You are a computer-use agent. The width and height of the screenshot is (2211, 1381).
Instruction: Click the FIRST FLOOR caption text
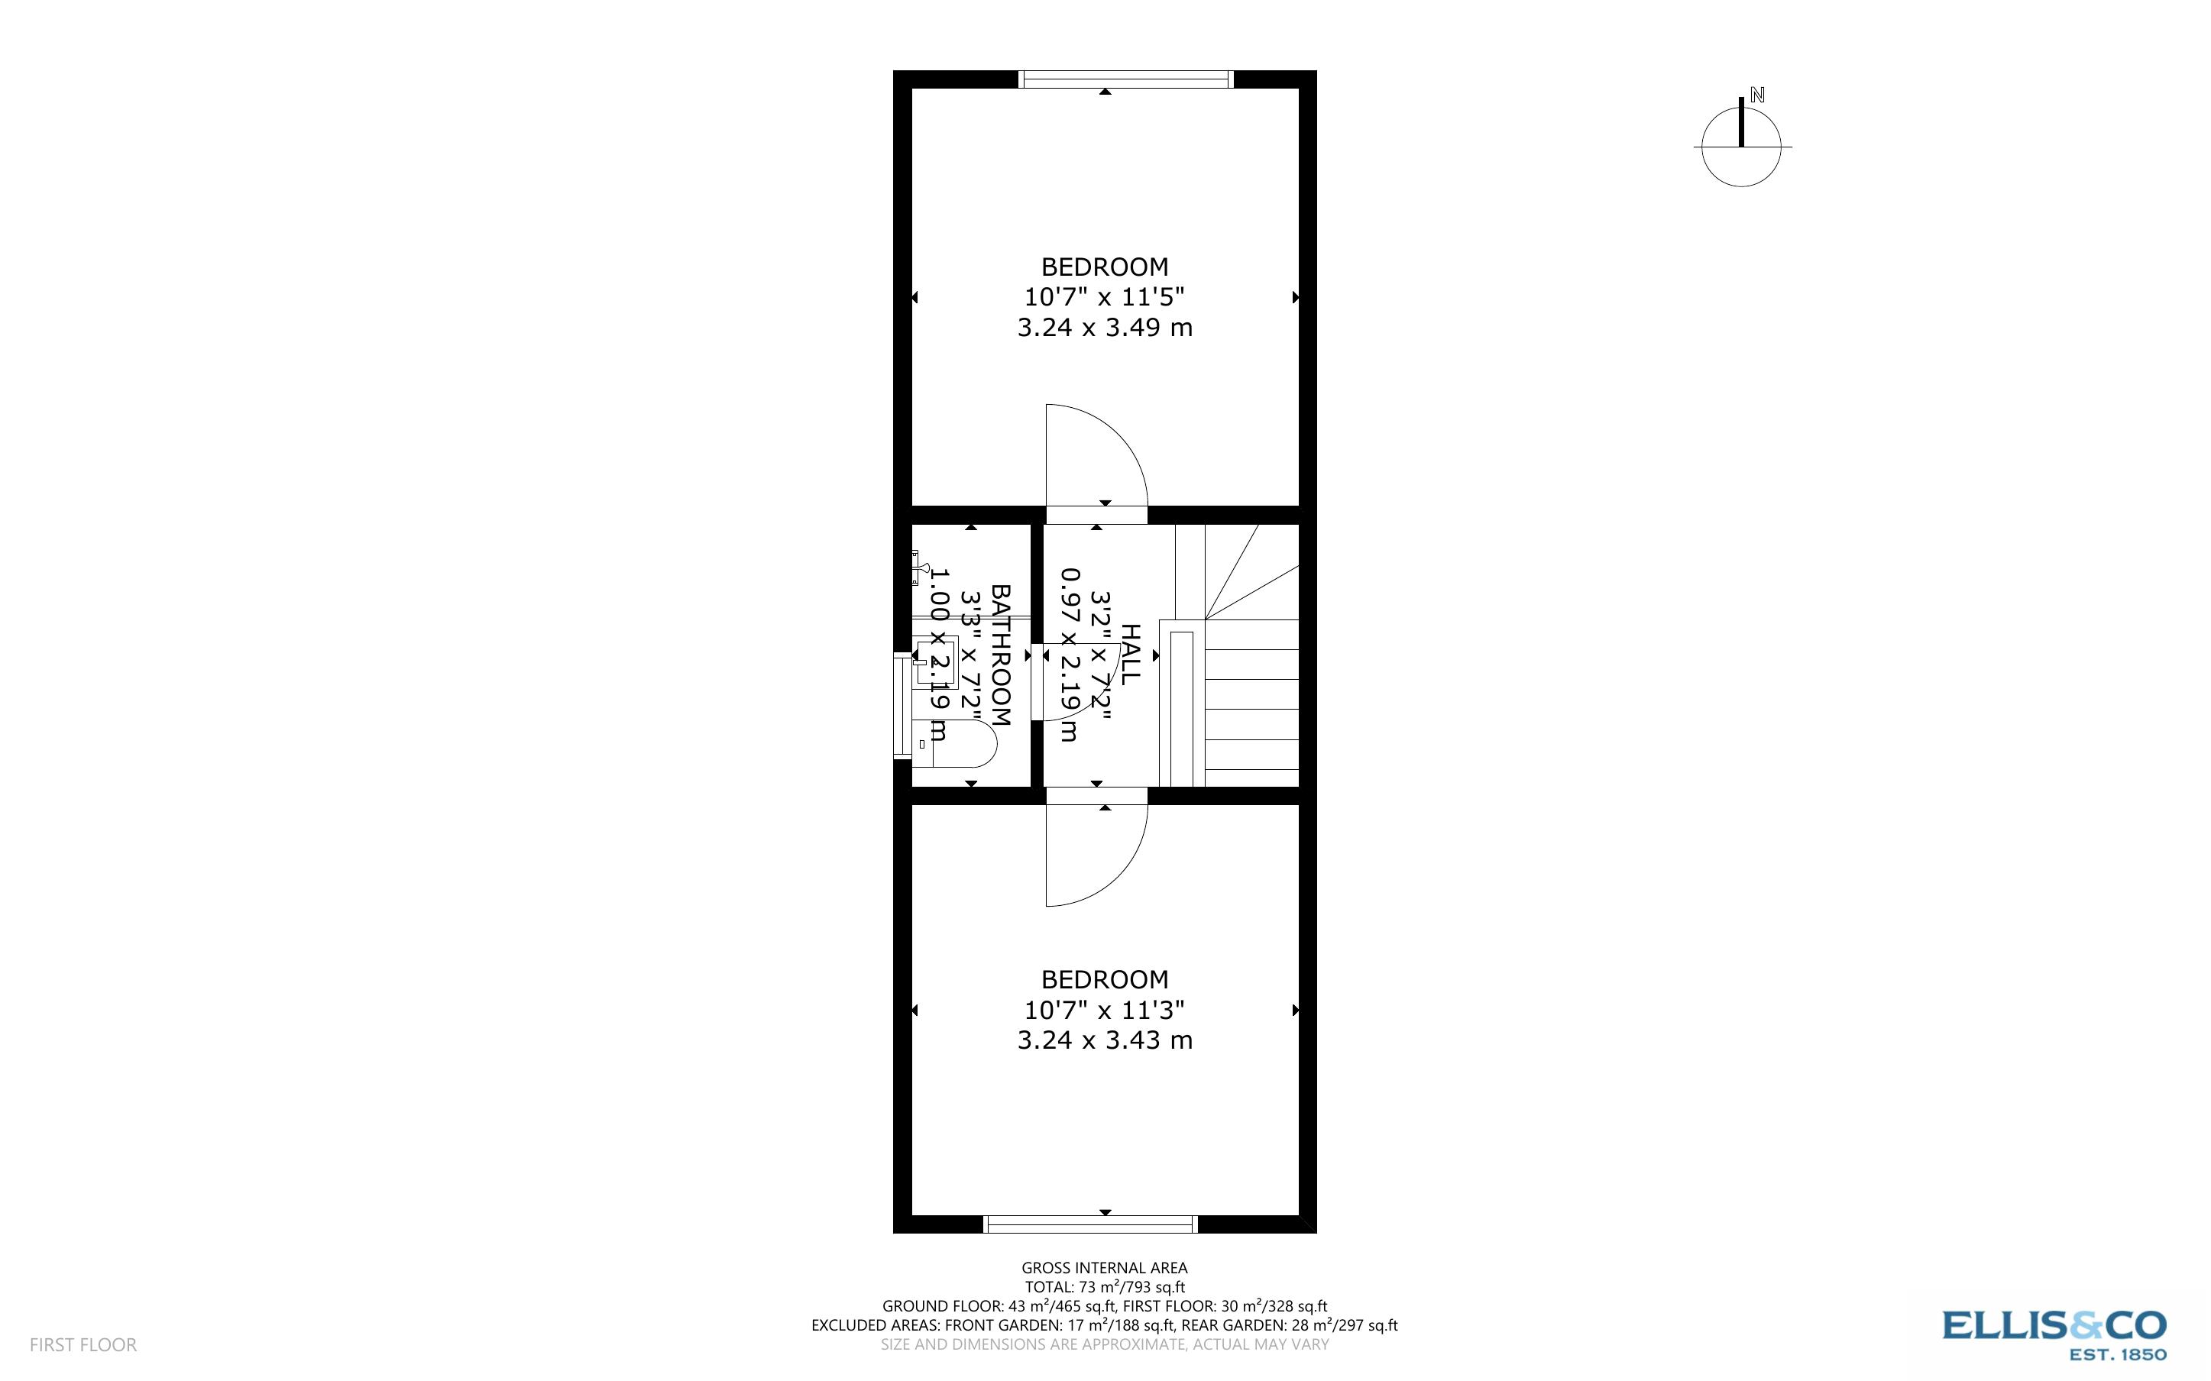click(x=83, y=1344)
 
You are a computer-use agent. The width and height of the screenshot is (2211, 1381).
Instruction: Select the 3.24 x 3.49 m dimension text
click(x=1105, y=327)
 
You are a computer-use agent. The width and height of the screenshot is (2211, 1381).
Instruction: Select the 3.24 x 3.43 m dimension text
click(x=1105, y=1040)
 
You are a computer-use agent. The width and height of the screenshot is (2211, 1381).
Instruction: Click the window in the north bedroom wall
click(x=1126, y=79)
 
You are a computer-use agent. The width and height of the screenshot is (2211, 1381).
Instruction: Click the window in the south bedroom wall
click(x=1090, y=1224)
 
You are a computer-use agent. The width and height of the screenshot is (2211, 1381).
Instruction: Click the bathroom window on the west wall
click(x=903, y=706)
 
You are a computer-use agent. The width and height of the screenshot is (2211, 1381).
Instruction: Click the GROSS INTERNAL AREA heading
click(x=1104, y=1268)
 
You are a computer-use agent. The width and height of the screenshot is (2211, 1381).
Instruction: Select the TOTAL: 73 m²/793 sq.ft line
click(x=1104, y=1287)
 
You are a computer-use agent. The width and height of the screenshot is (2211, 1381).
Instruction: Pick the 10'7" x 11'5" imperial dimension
click(x=1104, y=297)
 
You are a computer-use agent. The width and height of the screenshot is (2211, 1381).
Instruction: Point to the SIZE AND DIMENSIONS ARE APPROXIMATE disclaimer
click(x=1104, y=1344)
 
